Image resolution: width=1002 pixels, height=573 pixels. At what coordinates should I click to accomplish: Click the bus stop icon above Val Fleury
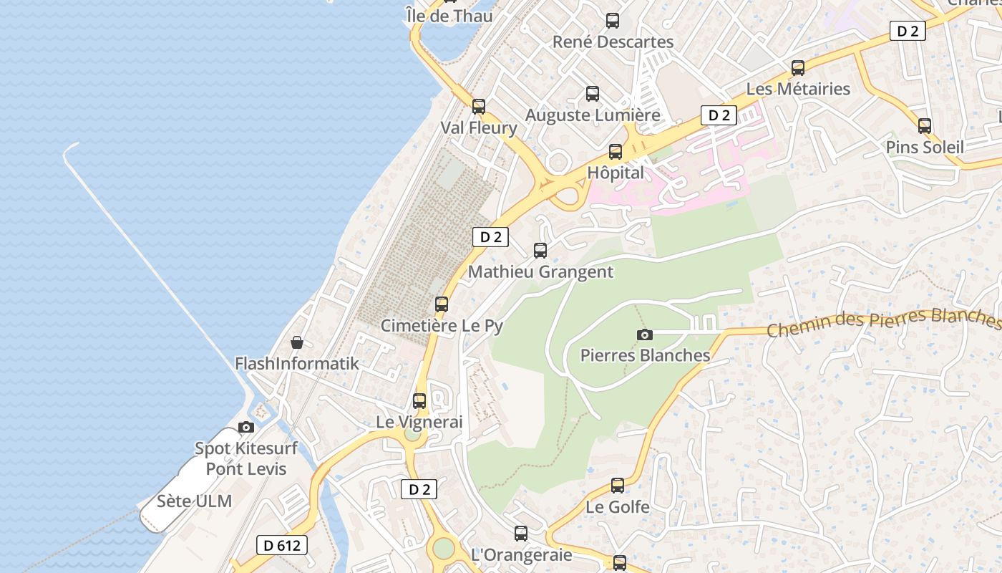pos(479,107)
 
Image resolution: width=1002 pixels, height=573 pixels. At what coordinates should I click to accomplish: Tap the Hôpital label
pos(616,173)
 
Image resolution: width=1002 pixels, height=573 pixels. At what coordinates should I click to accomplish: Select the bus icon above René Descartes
pos(613,21)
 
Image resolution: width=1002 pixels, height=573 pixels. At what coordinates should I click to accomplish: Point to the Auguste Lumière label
pos(593,115)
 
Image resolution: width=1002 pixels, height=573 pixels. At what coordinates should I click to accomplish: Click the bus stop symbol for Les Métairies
pos(798,68)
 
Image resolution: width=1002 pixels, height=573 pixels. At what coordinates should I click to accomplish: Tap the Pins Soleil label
pos(925,147)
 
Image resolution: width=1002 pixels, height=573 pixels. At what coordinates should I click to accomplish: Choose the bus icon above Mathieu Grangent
pos(540,251)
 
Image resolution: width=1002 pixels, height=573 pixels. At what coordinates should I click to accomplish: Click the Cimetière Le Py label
pos(442,325)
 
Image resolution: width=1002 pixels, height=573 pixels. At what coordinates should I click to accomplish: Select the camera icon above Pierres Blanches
pos(645,334)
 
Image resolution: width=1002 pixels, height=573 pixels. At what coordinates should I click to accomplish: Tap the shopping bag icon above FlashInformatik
pos(297,342)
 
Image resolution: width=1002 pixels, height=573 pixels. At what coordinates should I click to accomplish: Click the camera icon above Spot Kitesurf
pos(246,428)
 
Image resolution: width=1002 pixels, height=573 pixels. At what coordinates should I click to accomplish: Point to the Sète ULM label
pos(195,501)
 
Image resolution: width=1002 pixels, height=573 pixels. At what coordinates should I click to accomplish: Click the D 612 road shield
pos(282,545)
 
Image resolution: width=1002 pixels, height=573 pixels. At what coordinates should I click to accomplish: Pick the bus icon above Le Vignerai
pos(419,401)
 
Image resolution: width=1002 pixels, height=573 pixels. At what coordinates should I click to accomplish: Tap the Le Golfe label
pos(618,506)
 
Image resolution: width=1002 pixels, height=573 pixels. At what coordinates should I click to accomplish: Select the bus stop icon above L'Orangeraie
pos(521,534)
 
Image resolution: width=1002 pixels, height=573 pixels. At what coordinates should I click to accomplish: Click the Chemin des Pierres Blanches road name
pos(883,322)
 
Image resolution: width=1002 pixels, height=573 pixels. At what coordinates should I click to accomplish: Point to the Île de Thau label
pos(449,15)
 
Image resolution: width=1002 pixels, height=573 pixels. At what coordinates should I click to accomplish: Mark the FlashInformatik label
pos(297,363)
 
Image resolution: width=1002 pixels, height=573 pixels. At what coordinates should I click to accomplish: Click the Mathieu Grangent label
pos(540,271)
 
